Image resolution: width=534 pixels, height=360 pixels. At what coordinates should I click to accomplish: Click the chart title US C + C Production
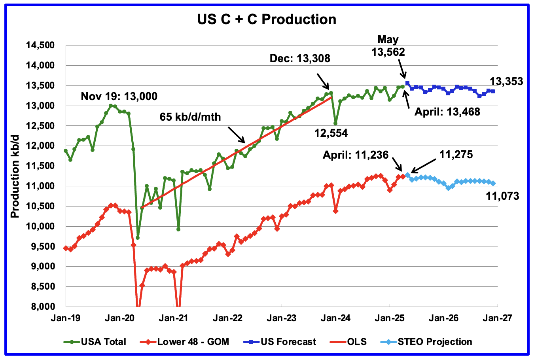267,19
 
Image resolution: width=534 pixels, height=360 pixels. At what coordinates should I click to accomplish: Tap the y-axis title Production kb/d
15,176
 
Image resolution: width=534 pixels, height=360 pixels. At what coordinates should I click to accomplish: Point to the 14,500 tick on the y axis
40,45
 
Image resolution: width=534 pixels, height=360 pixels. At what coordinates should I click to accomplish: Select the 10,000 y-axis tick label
40,226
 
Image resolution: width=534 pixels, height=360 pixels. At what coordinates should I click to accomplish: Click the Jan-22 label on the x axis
228,318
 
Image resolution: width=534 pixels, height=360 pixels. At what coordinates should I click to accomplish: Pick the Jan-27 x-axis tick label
497,318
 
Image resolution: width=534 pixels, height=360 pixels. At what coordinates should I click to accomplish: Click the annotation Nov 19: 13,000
119,96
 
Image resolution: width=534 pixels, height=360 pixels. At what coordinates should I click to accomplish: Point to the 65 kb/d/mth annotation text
190,117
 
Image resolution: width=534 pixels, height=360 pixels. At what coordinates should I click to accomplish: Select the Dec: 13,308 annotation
300,59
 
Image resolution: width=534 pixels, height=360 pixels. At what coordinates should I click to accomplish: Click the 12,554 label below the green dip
331,133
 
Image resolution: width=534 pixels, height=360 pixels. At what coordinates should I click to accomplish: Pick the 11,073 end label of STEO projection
502,195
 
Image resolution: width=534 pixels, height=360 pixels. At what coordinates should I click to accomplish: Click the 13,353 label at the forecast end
506,82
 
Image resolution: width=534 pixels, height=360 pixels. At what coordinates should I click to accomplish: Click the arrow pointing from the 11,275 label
424,164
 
